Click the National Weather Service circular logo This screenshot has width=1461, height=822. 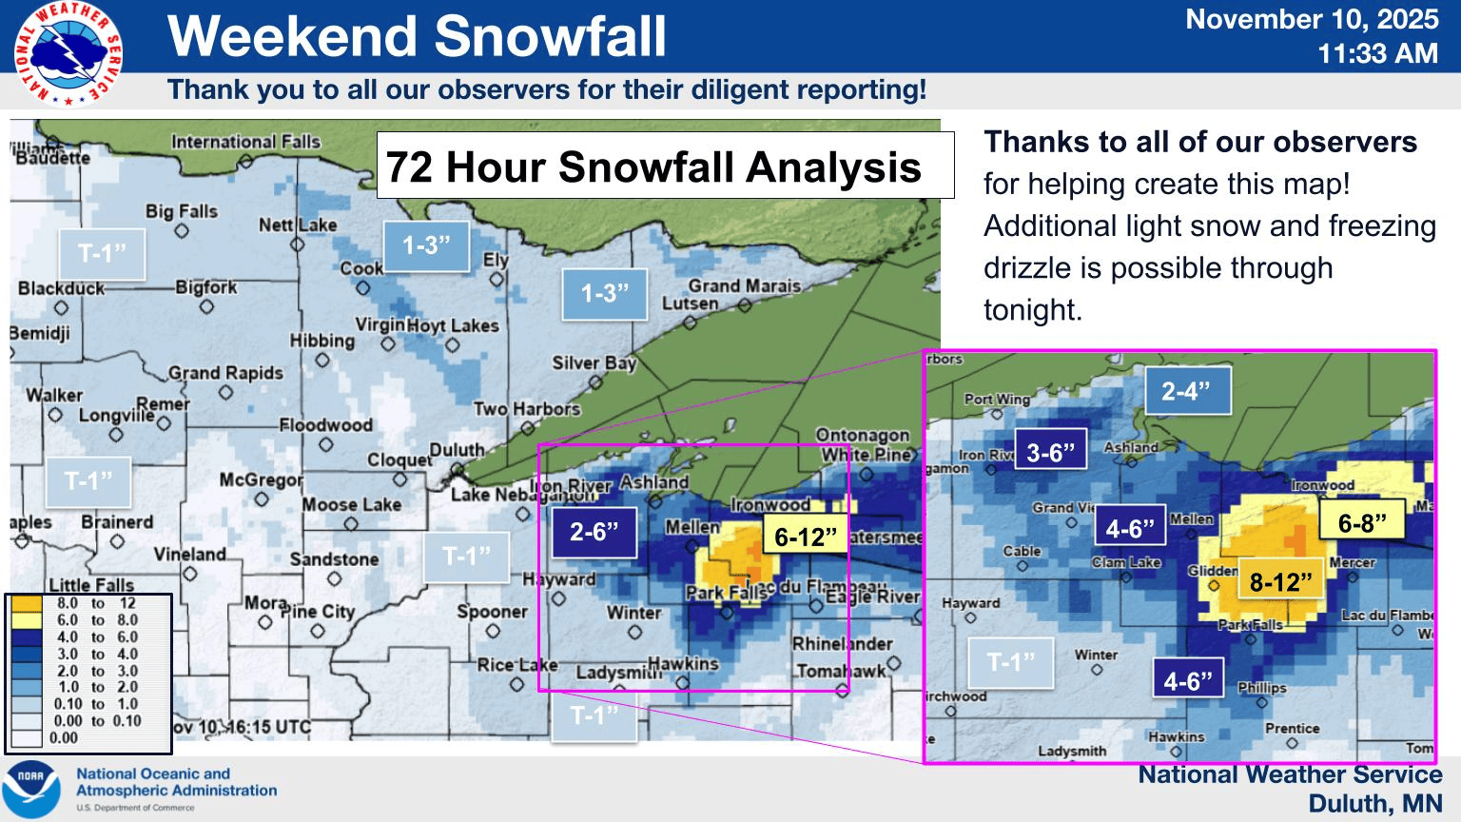coord(68,54)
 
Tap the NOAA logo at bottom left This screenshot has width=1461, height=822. coord(30,789)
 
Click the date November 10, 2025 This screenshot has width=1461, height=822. coord(1312,20)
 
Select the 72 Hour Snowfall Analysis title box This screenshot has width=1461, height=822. coord(665,166)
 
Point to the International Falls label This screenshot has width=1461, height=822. coord(245,142)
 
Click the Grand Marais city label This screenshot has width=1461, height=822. coord(744,285)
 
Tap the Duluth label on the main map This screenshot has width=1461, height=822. coord(457,450)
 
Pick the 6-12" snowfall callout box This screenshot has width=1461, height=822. coord(806,537)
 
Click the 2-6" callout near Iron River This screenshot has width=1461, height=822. coord(594,531)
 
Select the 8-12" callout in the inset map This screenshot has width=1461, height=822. coord(1280,580)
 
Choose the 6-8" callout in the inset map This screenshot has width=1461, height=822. coord(1362,522)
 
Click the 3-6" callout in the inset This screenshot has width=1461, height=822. coord(1050,452)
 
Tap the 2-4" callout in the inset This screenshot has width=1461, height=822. coord(1185,390)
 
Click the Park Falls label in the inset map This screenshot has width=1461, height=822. coord(1250,625)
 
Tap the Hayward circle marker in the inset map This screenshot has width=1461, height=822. coord(970,617)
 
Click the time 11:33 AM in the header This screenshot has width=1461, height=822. coord(1377,54)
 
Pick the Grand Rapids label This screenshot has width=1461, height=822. coord(225,373)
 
